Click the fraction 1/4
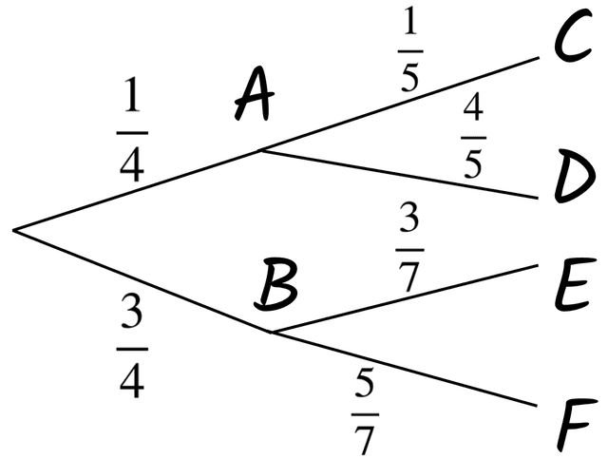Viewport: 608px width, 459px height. (131, 130)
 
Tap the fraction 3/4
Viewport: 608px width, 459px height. (131, 346)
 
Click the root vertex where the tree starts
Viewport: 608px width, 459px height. (15, 229)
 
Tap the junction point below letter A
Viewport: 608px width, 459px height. (261, 149)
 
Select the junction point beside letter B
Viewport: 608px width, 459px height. (273, 332)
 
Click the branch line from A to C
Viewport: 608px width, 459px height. (399, 103)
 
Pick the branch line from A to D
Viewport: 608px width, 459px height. (399, 174)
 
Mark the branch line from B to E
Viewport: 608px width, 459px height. (404, 299)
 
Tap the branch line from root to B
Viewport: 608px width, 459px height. (142, 280)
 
